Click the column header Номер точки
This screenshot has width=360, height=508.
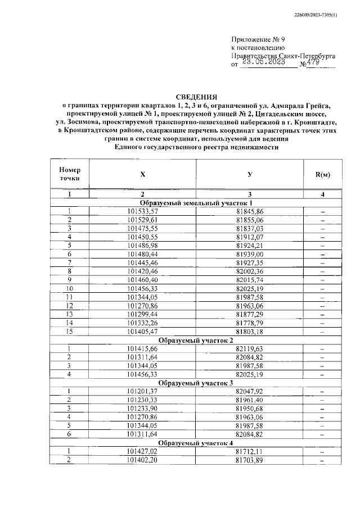pyautogui.click(x=70, y=174)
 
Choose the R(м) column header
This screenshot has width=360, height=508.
pyautogui.click(x=323, y=174)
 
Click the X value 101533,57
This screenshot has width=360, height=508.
pyautogui.click(x=143, y=211)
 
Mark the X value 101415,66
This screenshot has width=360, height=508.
pyautogui.click(x=143, y=349)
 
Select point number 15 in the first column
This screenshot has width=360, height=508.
pyautogui.click(x=70, y=332)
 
